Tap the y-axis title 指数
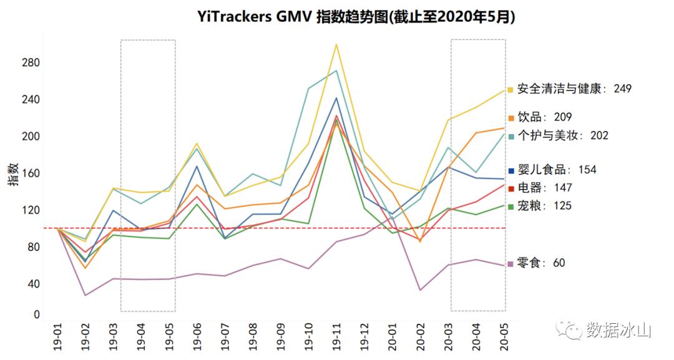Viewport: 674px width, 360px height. [x=12, y=175]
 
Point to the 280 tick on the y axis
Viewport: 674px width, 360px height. [x=31, y=63]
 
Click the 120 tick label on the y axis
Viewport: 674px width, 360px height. [x=31, y=210]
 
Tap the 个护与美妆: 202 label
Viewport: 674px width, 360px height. [x=562, y=135]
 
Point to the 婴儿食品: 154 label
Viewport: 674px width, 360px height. [x=557, y=169]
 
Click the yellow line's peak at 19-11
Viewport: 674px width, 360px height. [x=336, y=44]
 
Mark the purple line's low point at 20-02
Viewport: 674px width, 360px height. [x=421, y=290]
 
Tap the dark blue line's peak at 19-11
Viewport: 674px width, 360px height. [x=336, y=98]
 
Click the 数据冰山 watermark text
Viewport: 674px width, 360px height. [x=618, y=329]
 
